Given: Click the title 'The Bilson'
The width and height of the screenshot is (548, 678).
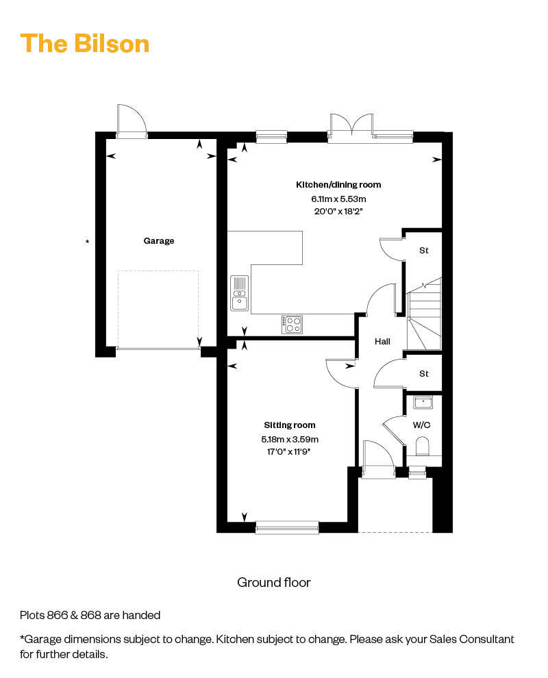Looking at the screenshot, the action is tap(85, 44).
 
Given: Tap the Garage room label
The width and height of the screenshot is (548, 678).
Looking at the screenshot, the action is tap(159, 241).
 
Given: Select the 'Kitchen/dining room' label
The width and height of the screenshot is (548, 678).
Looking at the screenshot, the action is tap(338, 185).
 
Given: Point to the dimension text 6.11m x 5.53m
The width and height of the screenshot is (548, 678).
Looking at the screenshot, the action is tap(338, 199).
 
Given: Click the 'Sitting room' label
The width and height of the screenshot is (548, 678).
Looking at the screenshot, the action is tap(289, 425).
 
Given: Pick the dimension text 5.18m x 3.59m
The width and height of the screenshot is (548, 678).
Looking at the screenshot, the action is tap(289, 439).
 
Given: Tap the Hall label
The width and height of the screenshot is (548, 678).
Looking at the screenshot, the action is tap(382, 342).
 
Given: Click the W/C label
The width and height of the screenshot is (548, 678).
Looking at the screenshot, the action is tap(421, 425).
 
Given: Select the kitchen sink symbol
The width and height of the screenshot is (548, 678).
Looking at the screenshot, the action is tap(240, 293).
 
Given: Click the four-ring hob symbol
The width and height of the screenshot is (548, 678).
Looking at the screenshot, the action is tap(292, 325).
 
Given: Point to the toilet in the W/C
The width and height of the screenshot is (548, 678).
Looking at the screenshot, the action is tap(422, 447).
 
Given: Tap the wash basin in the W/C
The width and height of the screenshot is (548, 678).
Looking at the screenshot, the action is tap(423, 403).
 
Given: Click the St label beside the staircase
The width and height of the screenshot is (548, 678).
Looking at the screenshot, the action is tap(424, 251).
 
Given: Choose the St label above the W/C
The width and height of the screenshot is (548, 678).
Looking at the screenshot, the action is tap(424, 374).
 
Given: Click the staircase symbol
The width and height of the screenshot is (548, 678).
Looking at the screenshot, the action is tap(424, 314).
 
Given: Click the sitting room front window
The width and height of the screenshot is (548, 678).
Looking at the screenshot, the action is tap(287, 527).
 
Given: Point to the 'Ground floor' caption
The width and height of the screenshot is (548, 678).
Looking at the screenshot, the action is tap(274, 582).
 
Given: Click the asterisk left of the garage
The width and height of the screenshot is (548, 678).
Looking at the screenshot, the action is tap(88, 242).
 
